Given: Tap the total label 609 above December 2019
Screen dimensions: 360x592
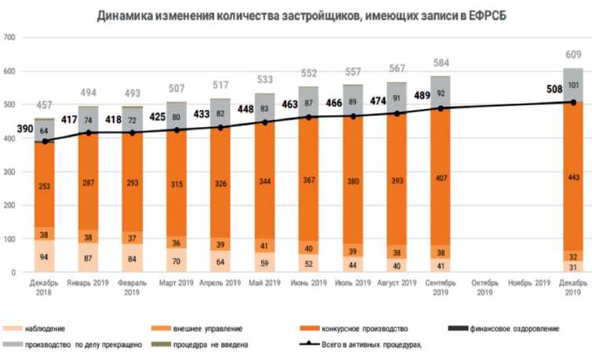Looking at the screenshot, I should pos(573,54).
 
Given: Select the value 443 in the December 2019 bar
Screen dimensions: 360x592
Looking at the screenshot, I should pos(573,178).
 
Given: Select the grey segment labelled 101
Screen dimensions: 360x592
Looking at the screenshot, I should pos(573,85).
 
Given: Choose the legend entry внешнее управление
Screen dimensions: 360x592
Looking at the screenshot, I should pos(207,328).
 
